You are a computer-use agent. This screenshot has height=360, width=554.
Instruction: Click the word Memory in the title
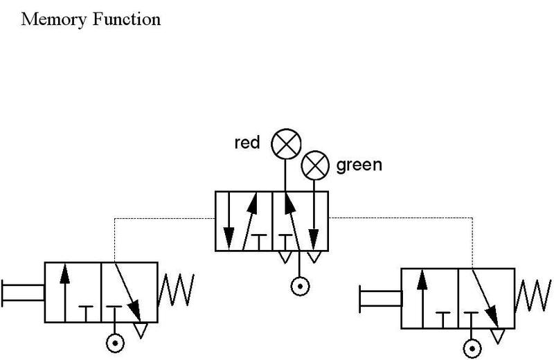(52, 19)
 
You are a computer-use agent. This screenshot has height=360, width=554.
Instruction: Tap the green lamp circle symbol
(315, 165)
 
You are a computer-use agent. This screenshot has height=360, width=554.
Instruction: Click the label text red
(247, 143)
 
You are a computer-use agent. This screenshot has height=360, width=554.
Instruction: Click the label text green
(359, 166)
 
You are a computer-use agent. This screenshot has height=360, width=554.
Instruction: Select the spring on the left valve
(177, 291)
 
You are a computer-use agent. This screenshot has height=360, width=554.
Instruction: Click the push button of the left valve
(21, 291)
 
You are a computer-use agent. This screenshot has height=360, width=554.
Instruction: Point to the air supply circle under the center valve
(299, 285)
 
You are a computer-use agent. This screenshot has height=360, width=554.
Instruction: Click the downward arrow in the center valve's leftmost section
(229, 222)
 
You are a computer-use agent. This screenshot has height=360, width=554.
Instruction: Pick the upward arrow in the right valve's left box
(421, 297)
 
